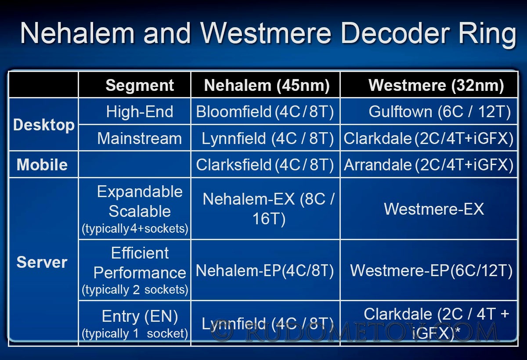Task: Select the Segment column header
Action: (x=140, y=85)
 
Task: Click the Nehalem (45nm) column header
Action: (x=267, y=85)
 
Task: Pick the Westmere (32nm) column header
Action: (x=436, y=85)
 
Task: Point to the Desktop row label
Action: (x=44, y=125)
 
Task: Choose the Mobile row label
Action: (x=42, y=164)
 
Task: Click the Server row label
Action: (x=42, y=262)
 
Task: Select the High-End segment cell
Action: (x=140, y=112)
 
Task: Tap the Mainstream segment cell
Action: (x=140, y=138)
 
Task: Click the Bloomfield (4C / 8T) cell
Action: (x=265, y=112)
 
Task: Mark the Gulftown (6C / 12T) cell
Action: (x=440, y=112)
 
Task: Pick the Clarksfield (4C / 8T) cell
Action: (x=265, y=165)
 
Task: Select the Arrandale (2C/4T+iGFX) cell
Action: (x=429, y=165)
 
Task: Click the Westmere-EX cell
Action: (x=434, y=209)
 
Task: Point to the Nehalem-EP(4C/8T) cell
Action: (x=265, y=270)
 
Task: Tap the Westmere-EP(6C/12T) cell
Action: (x=431, y=270)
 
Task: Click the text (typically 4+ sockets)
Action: (x=135, y=229)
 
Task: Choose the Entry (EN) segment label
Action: (x=140, y=316)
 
